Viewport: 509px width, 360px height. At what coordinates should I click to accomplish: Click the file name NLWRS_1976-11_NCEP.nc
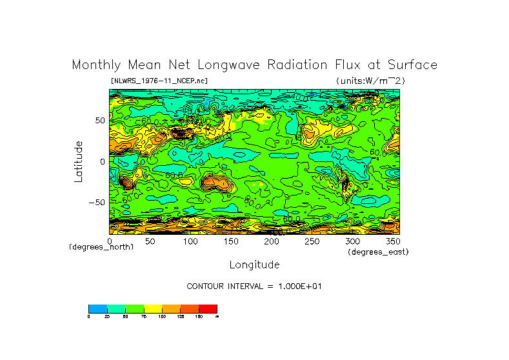tap(159, 81)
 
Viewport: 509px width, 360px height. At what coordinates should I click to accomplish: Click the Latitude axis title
tap(78, 161)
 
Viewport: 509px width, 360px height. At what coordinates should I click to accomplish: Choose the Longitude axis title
tap(254, 265)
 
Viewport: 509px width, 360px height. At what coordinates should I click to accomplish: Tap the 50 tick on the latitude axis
tap(99, 121)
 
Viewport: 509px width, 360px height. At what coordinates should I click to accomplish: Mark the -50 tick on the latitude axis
tap(97, 203)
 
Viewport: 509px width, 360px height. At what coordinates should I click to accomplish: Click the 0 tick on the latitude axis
tap(102, 162)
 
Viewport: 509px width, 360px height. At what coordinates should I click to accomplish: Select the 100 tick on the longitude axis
tap(190, 241)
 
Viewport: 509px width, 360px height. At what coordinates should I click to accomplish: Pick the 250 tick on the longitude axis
tap(312, 241)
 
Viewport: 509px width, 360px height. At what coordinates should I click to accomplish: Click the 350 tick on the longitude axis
tap(392, 241)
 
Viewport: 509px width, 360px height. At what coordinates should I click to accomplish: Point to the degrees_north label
tap(101, 247)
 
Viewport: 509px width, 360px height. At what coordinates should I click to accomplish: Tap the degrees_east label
tap(378, 252)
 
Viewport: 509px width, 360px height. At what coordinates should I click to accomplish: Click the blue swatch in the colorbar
tap(97, 308)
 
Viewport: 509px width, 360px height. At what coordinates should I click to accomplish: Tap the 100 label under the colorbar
tap(162, 317)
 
